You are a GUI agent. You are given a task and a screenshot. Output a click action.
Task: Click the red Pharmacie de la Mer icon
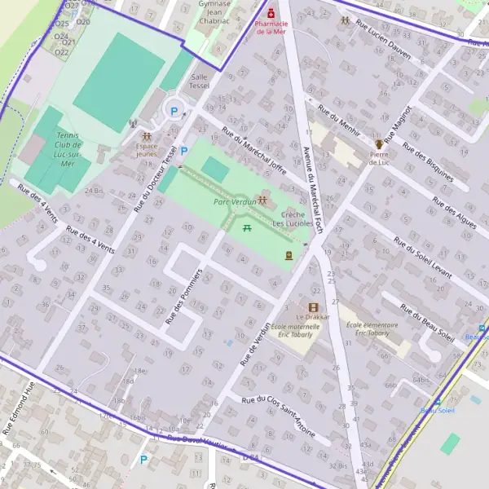pos(271,13)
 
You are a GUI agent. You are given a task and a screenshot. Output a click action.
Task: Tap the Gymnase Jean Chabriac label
pos(214,13)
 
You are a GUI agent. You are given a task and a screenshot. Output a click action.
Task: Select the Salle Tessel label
pos(199,81)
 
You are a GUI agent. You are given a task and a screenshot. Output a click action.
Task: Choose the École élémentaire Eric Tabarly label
pos(367,328)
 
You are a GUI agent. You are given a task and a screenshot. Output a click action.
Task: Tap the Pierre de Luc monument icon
pos(378,143)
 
